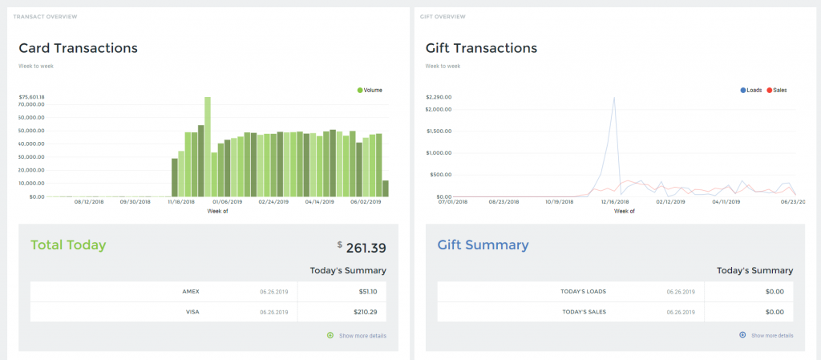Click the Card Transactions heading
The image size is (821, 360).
pos(78,48)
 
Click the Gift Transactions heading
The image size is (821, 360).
pos(481,48)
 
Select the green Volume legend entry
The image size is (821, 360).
pos(370,90)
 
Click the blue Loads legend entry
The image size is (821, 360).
pos(750,90)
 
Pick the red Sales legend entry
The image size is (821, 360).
pos(777,90)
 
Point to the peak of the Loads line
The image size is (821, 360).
pos(614,99)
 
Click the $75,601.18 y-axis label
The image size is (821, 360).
pos(31,97)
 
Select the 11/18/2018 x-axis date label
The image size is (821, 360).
pos(181,203)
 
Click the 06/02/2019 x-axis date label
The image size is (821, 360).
pos(366,203)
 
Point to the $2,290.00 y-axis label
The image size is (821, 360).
pos(439,97)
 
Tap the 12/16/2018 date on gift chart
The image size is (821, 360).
pos(614,203)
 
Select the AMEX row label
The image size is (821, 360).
pos(191,292)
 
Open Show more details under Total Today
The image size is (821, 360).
pos(362,335)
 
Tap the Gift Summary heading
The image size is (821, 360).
pos(483,245)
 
